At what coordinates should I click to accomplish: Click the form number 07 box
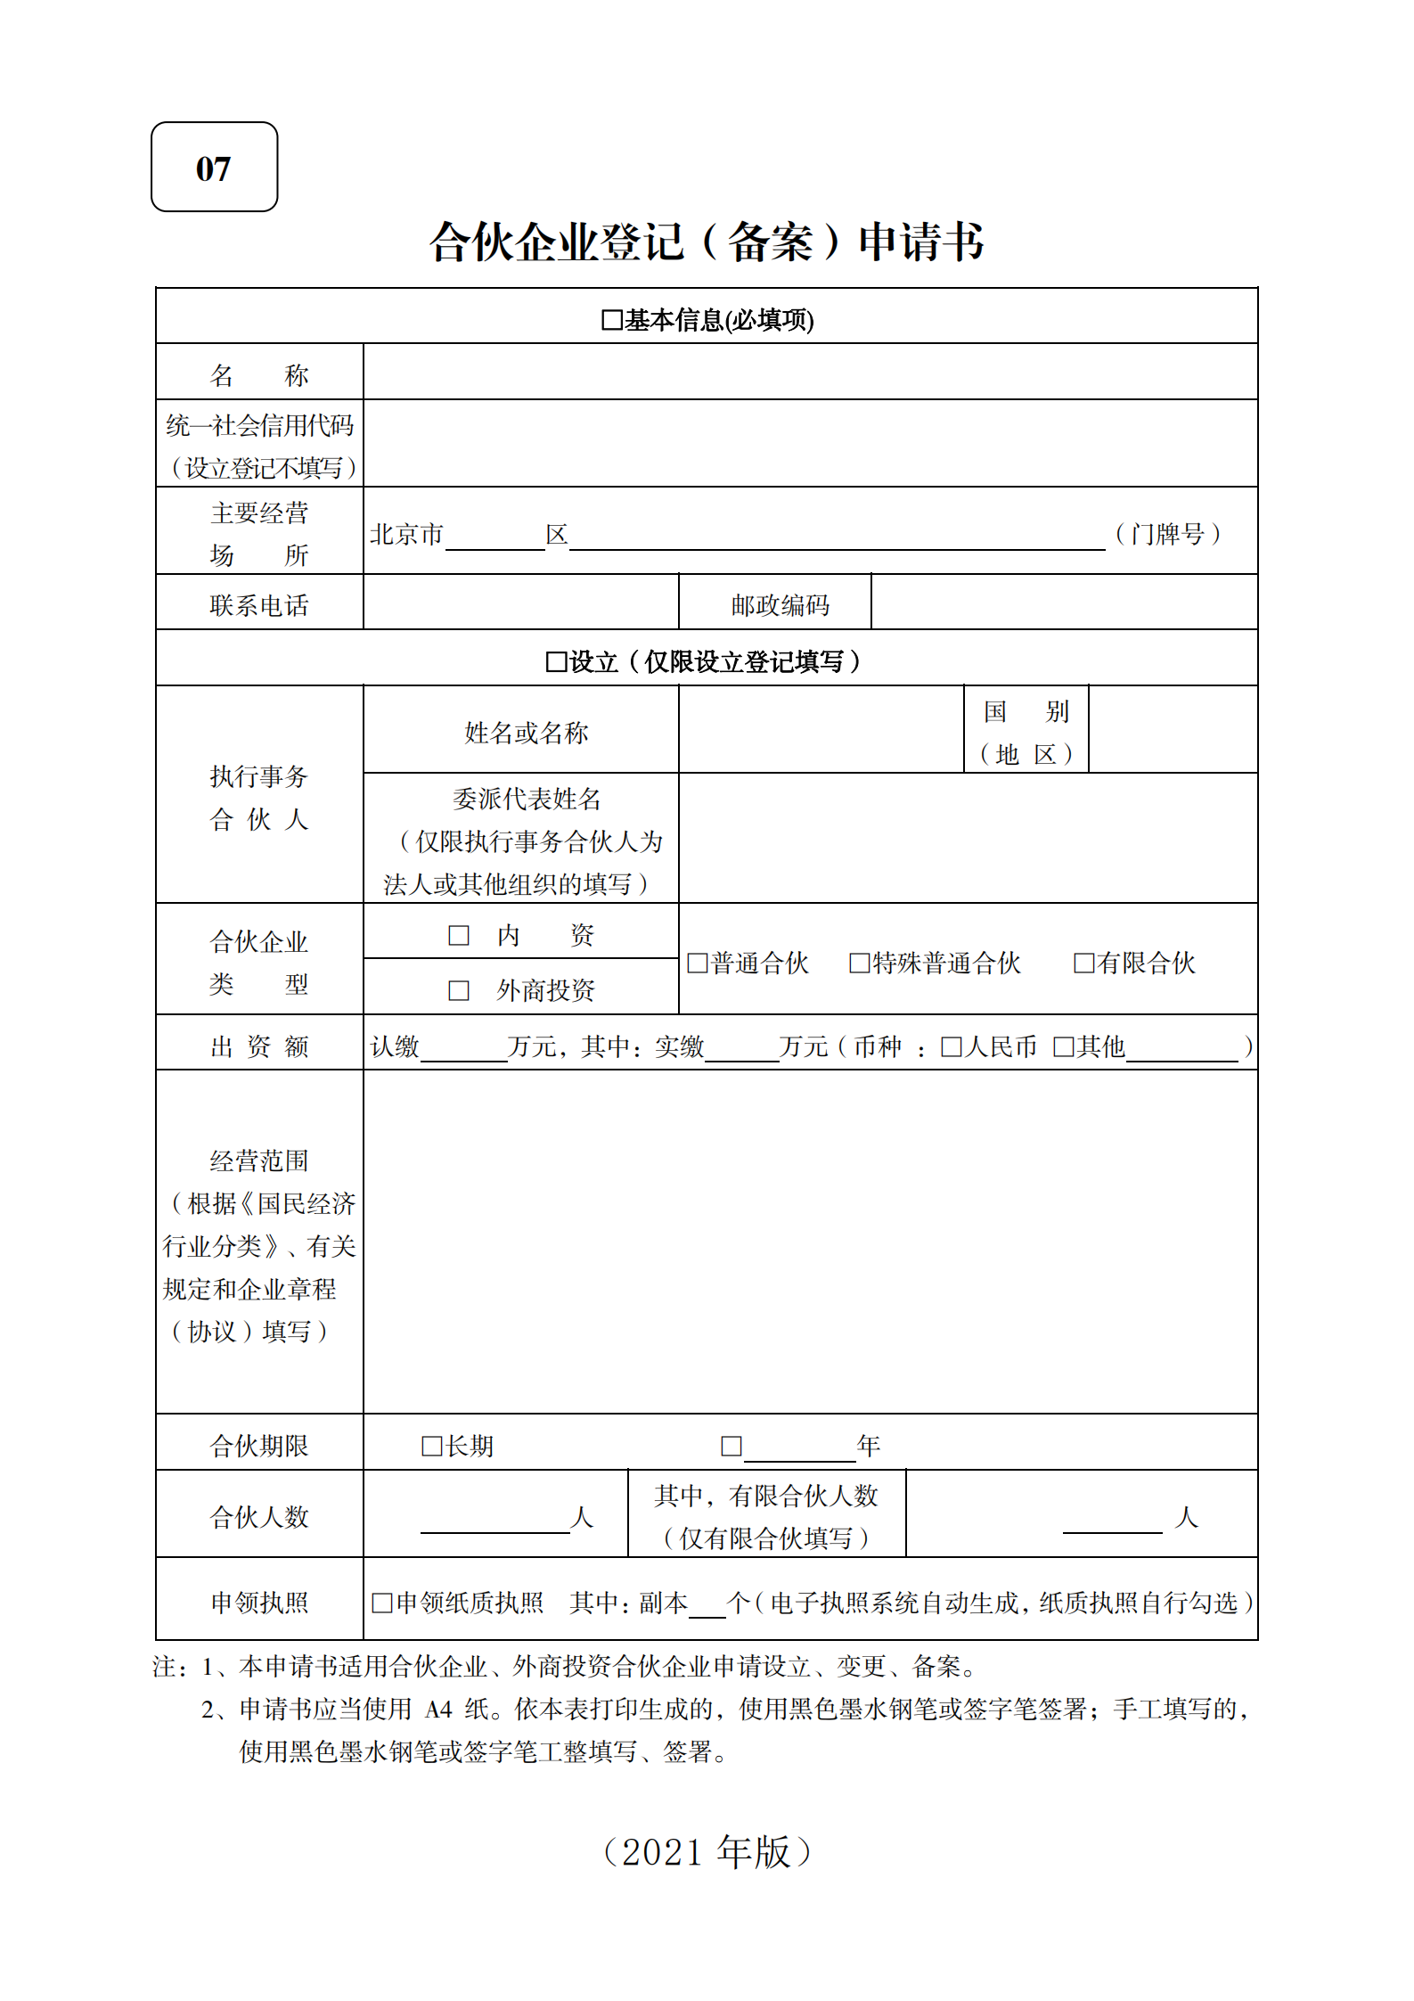(x=214, y=167)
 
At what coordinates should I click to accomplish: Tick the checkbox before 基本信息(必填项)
(x=611, y=320)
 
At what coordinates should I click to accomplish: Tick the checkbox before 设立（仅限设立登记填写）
(x=556, y=661)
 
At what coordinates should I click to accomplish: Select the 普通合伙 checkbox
(x=698, y=963)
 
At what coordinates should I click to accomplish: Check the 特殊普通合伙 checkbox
(x=859, y=963)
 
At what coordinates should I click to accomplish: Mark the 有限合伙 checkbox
(x=1083, y=963)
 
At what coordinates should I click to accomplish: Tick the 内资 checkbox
(x=459, y=935)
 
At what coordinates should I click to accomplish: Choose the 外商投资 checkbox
(x=459, y=990)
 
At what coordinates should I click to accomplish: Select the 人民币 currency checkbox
(x=952, y=1046)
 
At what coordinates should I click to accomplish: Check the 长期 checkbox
(x=432, y=1446)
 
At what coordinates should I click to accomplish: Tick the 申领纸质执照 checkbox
(x=381, y=1603)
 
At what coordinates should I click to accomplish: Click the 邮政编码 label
(x=780, y=605)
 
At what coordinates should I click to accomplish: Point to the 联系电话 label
(x=259, y=605)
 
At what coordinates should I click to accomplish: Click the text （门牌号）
(x=1167, y=534)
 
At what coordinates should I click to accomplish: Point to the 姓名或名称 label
(x=526, y=733)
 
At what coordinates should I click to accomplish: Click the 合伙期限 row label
(x=259, y=1446)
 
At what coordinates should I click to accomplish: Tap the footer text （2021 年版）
(x=707, y=1851)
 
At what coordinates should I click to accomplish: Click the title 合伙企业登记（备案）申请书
(x=707, y=242)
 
